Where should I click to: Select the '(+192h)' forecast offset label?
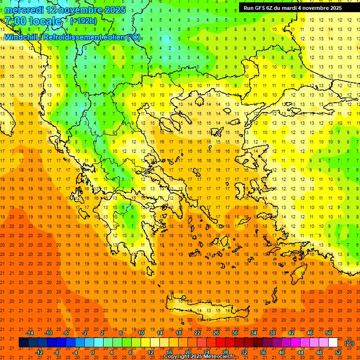tap(83, 21)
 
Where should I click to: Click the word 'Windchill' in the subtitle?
tap(22, 37)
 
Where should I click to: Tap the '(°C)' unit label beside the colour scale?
tap(349, 343)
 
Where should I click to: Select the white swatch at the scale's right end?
tap(333, 343)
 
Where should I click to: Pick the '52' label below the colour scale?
tap(338, 352)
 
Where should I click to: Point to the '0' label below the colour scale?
tap(93, 352)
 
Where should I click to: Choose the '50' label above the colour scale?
tap(329, 332)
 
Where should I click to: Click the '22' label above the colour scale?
tap(197, 332)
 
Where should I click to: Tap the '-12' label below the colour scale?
tap(39, 352)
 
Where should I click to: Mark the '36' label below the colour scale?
tap(263, 352)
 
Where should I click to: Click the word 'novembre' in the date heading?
tap(82, 10)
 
